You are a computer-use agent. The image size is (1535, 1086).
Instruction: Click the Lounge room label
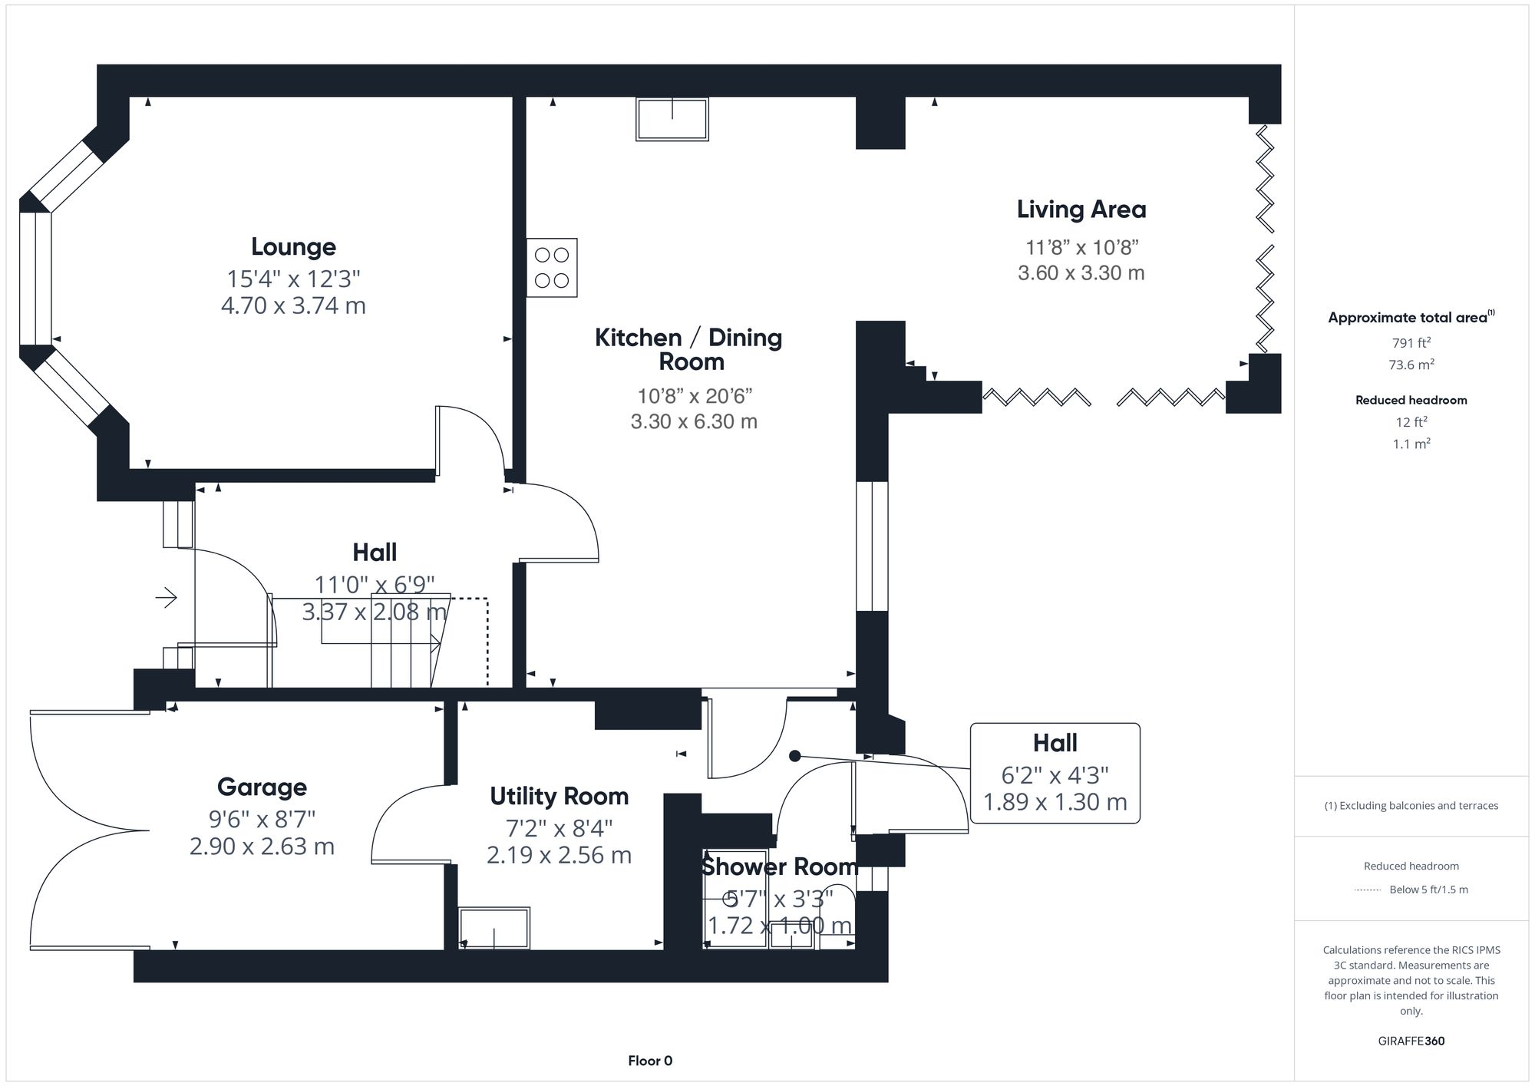(x=293, y=247)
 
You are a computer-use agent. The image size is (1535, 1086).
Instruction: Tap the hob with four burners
(x=552, y=268)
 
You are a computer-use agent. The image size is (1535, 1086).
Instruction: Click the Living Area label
(x=1081, y=210)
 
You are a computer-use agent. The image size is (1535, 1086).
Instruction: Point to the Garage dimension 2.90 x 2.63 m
(x=262, y=847)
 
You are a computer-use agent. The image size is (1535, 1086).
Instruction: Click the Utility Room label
(x=559, y=797)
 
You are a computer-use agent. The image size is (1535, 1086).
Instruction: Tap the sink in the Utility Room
(x=494, y=928)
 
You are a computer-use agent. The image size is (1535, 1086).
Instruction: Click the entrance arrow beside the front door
(x=167, y=597)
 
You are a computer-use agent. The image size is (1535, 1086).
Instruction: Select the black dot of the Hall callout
(x=795, y=756)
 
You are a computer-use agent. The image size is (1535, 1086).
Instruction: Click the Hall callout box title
(x=1055, y=743)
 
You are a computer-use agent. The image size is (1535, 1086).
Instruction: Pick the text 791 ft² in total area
(x=1411, y=343)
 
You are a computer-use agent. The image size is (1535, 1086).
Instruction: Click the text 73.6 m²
(x=1411, y=365)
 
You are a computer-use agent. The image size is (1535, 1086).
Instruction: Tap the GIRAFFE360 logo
(x=1411, y=1041)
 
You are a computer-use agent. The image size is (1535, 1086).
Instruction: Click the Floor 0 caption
(x=650, y=1061)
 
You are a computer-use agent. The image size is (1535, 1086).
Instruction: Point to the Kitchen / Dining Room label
(x=688, y=349)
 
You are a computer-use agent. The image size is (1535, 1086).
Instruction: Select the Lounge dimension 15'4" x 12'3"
(x=293, y=278)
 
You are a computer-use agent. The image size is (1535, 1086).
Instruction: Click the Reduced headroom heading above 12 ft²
(x=1411, y=400)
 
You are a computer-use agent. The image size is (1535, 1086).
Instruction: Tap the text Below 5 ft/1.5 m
(x=1428, y=890)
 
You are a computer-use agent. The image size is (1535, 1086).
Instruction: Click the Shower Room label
(x=778, y=866)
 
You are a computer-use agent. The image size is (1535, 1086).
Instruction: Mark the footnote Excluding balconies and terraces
(x=1411, y=806)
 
